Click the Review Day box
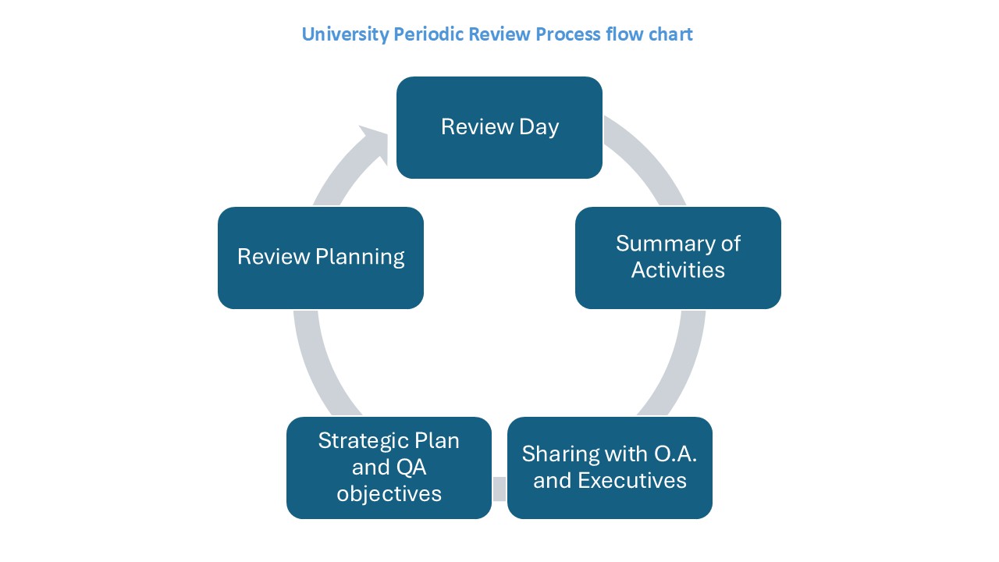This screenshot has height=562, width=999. click(499, 127)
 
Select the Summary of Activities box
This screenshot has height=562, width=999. click(678, 258)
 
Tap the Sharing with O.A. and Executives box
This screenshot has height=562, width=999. click(610, 468)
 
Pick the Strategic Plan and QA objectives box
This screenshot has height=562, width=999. click(389, 468)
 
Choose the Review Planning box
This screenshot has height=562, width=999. click(321, 258)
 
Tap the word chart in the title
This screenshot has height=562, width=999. click(670, 34)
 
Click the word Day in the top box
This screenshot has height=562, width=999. click(539, 127)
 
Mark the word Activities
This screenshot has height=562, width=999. click(678, 270)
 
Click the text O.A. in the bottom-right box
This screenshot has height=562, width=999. click(675, 454)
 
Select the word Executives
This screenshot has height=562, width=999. click(632, 480)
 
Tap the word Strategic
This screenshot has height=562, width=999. click(363, 441)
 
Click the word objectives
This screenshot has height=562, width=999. click(389, 494)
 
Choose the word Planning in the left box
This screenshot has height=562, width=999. click(360, 258)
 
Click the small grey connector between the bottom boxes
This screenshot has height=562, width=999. click(499, 489)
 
